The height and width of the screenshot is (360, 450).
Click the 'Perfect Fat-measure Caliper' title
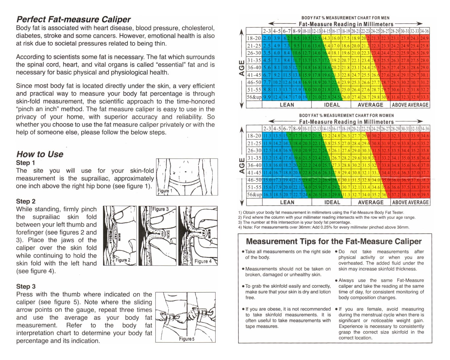[x=73, y=19]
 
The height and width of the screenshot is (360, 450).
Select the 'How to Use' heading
[x=40, y=154]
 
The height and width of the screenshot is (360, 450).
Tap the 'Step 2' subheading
[x=25, y=201]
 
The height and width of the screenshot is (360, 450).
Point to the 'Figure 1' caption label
[x=165, y=191]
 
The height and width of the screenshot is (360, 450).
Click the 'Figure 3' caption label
[x=160, y=209]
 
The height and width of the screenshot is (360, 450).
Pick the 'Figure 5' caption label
[x=187, y=339]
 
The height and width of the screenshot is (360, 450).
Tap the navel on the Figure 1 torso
[x=186, y=172]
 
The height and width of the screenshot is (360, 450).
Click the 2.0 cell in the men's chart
[x=267, y=38]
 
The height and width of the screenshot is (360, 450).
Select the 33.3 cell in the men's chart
[x=424, y=97]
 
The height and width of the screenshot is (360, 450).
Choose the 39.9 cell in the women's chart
[x=424, y=187]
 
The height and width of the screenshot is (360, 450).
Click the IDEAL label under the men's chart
[x=332, y=105]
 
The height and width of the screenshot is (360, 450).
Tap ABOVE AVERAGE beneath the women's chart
[x=410, y=202]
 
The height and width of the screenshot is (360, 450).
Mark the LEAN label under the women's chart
[x=287, y=202]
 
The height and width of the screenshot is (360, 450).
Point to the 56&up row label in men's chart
[x=254, y=97]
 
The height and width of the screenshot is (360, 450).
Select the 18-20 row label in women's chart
[x=254, y=136]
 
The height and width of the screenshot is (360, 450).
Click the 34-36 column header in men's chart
[x=424, y=31]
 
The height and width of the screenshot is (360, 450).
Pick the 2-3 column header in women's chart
[x=267, y=129]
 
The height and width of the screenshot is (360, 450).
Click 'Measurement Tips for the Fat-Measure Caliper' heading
[x=334, y=241]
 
